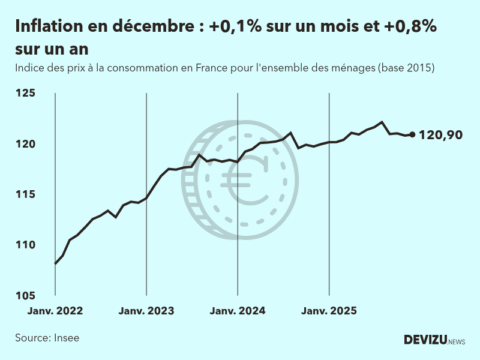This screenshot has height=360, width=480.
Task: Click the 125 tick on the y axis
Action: (x=26, y=93)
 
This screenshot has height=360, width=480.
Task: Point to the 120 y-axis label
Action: (x=26, y=144)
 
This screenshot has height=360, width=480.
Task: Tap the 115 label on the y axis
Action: (x=26, y=194)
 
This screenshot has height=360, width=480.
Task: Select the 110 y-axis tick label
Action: (x=26, y=245)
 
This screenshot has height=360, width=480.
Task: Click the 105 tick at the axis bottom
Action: (x=26, y=295)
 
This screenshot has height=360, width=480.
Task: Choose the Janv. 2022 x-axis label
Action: (x=55, y=311)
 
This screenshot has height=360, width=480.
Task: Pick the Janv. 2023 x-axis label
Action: (x=146, y=311)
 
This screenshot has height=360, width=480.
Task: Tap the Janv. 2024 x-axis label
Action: (x=238, y=311)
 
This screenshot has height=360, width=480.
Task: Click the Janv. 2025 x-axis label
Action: (x=329, y=311)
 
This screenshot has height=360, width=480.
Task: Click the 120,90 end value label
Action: (x=440, y=135)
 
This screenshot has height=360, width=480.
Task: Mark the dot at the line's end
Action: (x=412, y=134)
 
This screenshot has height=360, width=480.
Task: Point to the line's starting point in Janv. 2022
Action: (x=55, y=263)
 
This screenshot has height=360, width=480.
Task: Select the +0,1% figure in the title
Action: (x=234, y=27)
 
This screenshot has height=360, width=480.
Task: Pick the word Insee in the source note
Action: (x=67, y=338)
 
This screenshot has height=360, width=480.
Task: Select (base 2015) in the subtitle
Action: (x=406, y=68)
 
